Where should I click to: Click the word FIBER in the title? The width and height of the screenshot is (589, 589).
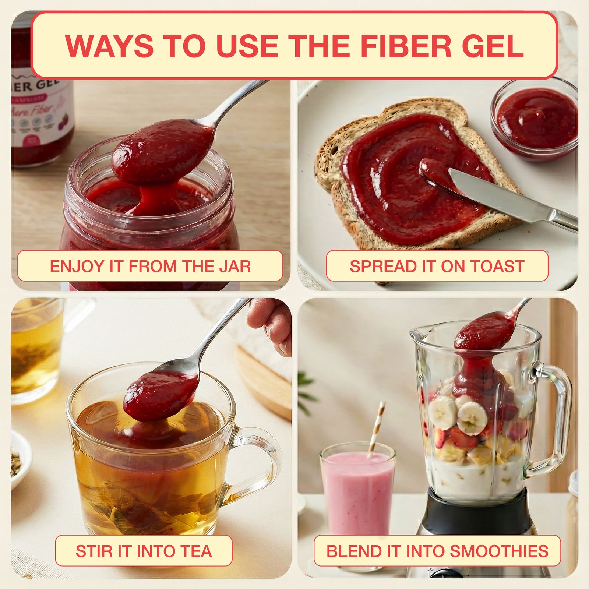[x=405, y=46]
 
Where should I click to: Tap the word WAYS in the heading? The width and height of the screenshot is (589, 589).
[x=109, y=46]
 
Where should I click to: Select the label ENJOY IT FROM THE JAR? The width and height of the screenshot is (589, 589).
[x=150, y=266]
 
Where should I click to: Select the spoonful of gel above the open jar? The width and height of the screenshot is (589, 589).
[x=162, y=151]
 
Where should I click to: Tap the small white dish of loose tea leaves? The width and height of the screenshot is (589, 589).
[x=18, y=460]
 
